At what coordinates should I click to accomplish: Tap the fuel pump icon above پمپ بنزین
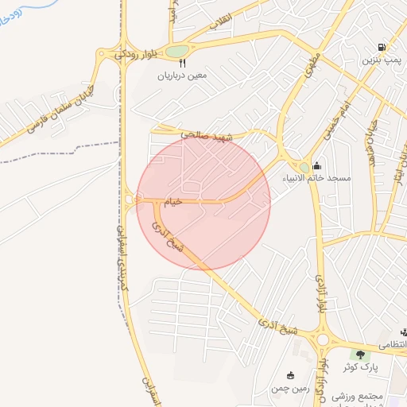pyautogui.click(x=382, y=47)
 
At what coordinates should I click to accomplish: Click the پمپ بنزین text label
pyautogui.click(x=381, y=60)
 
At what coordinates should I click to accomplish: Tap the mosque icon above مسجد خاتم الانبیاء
pyautogui.click(x=316, y=165)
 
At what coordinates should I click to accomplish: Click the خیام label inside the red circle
pyautogui.click(x=173, y=202)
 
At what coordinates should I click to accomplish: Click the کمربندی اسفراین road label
pyautogui.click(x=124, y=270)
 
